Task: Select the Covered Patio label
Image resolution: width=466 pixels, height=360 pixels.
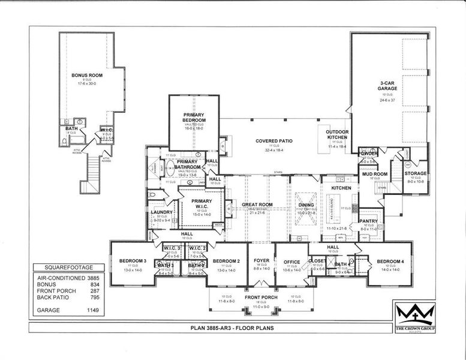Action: [x=273, y=141]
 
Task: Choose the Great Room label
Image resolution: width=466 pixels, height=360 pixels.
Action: [x=257, y=205]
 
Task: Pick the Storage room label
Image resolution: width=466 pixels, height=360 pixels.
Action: [x=416, y=173]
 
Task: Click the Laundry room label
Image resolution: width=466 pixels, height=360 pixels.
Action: [x=162, y=212]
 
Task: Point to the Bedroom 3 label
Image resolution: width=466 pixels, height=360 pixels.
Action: [x=133, y=261]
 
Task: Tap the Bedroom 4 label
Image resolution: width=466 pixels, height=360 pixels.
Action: [x=390, y=261]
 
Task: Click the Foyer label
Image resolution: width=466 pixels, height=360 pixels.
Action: [x=261, y=260]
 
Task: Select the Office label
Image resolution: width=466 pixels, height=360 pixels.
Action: [x=291, y=262]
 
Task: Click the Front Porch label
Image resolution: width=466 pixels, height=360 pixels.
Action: [x=261, y=298]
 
